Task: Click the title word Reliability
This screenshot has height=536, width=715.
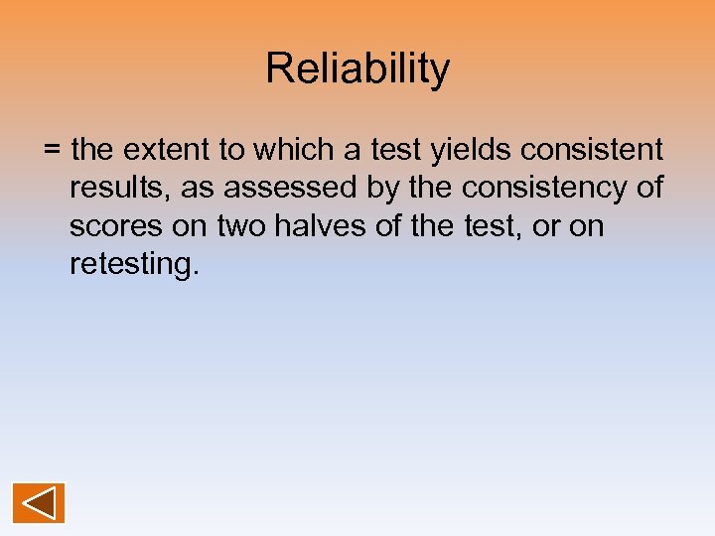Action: coord(357,69)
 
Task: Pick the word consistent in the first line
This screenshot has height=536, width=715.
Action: coord(592,151)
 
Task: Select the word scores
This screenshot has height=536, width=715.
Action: coord(116,226)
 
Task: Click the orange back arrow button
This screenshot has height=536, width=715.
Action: coord(39,503)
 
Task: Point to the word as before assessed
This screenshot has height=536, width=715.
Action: coord(196,189)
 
